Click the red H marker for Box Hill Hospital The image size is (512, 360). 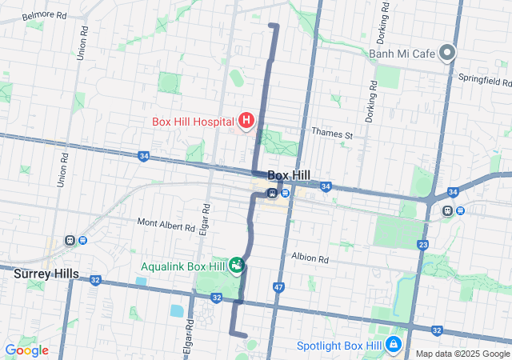click(x=246, y=122)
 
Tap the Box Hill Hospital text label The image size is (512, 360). click(x=193, y=122)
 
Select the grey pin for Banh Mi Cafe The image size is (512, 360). click(x=447, y=54)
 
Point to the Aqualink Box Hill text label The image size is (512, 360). click(x=184, y=266)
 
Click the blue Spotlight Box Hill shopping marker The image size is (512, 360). click(x=394, y=345)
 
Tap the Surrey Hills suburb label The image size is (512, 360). click(x=46, y=274)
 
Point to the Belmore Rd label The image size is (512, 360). click(x=43, y=15)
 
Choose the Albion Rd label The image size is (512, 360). click(x=310, y=258)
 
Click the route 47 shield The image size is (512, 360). click(x=278, y=286)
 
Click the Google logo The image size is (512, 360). click(x=26, y=350)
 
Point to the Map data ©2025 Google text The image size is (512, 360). click(x=462, y=354)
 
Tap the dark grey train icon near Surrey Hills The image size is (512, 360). click(x=70, y=240)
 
